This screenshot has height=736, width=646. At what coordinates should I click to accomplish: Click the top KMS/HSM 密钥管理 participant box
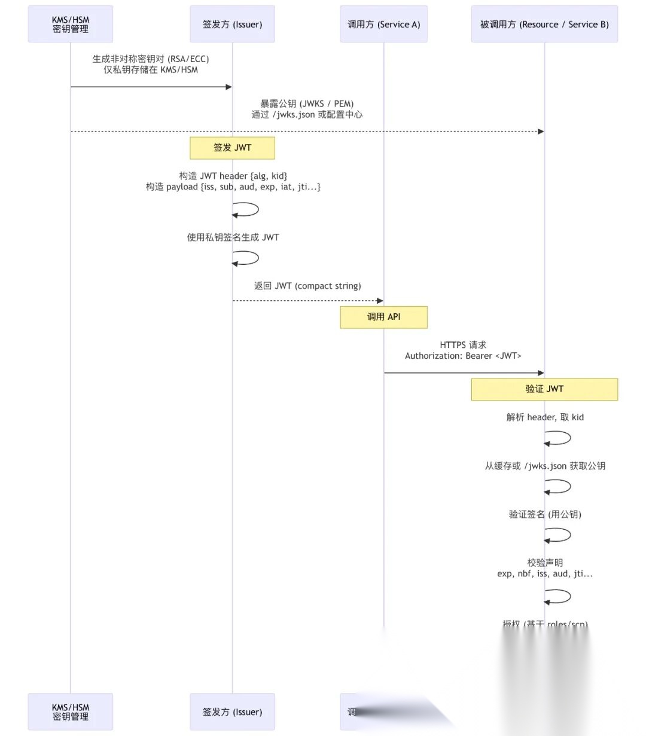[71, 25]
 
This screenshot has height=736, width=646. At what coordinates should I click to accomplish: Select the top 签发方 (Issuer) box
[232, 25]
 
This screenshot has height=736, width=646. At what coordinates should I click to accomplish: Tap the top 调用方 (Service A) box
[383, 25]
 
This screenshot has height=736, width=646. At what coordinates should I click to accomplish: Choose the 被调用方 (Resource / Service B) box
[544, 25]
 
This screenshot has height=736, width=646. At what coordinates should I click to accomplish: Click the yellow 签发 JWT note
[232, 148]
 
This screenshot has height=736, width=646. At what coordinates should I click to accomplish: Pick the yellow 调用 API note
[383, 317]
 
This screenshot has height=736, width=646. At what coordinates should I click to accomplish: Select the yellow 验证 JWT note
[544, 389]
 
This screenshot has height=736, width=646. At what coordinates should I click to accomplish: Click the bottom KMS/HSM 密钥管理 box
[71, 711]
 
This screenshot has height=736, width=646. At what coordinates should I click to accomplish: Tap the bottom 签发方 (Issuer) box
[232, 711]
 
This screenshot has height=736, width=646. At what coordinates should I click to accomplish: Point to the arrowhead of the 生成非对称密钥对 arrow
[228, 87]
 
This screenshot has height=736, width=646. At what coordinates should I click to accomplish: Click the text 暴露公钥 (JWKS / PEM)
[307, 103]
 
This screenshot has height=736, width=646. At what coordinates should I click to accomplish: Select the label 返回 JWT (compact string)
[307, 286]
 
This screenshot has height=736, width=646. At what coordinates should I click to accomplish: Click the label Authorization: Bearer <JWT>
[463, 356]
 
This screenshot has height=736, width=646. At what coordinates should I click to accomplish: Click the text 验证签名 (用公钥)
[545, 514]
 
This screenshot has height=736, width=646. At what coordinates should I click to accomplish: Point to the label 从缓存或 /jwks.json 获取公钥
[545, 466]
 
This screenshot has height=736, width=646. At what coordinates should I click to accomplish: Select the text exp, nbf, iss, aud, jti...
[545, 573]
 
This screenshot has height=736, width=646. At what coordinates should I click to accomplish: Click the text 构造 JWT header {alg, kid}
[233, 176]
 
